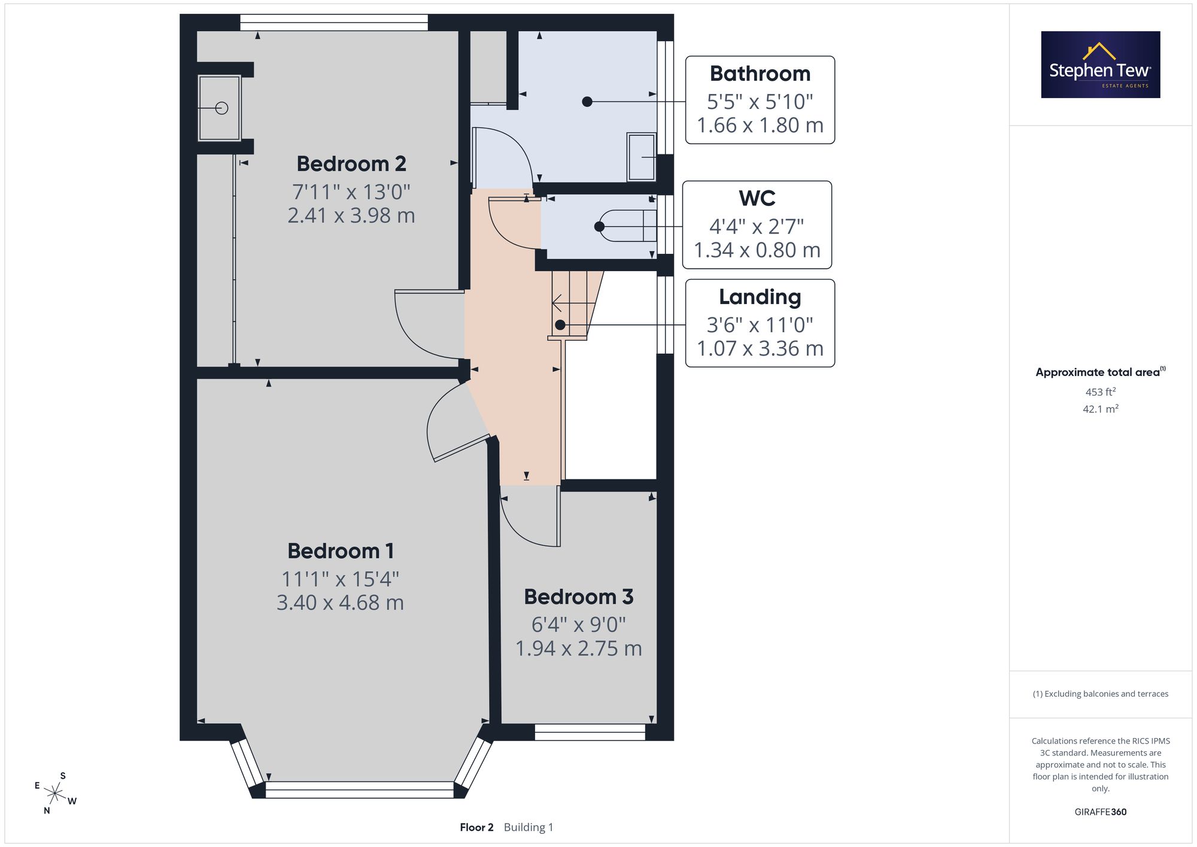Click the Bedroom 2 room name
[351, 163]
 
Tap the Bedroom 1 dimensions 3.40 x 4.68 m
[340, 602]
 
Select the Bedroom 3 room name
[579, 597]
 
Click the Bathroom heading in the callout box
[760, 74]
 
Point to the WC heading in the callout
[757, 198]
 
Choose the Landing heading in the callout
[760, 297]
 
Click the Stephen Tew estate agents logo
[1101, 65]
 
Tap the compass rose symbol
[55, 794]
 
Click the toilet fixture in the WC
[628, 226]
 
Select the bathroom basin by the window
[642, 157]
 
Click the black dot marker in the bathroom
[587, 102]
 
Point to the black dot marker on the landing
[560, 325]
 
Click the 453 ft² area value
[1101, 392]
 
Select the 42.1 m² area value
[1101, 409]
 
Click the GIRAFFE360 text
[1101, 812]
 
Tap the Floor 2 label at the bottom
[476, 827]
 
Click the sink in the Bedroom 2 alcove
[220, 108]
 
